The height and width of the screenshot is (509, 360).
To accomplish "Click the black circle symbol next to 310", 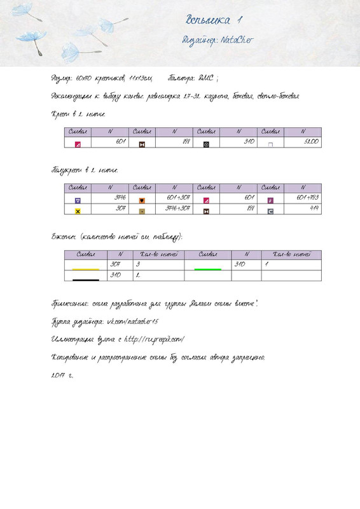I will click(x=206, y=144).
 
